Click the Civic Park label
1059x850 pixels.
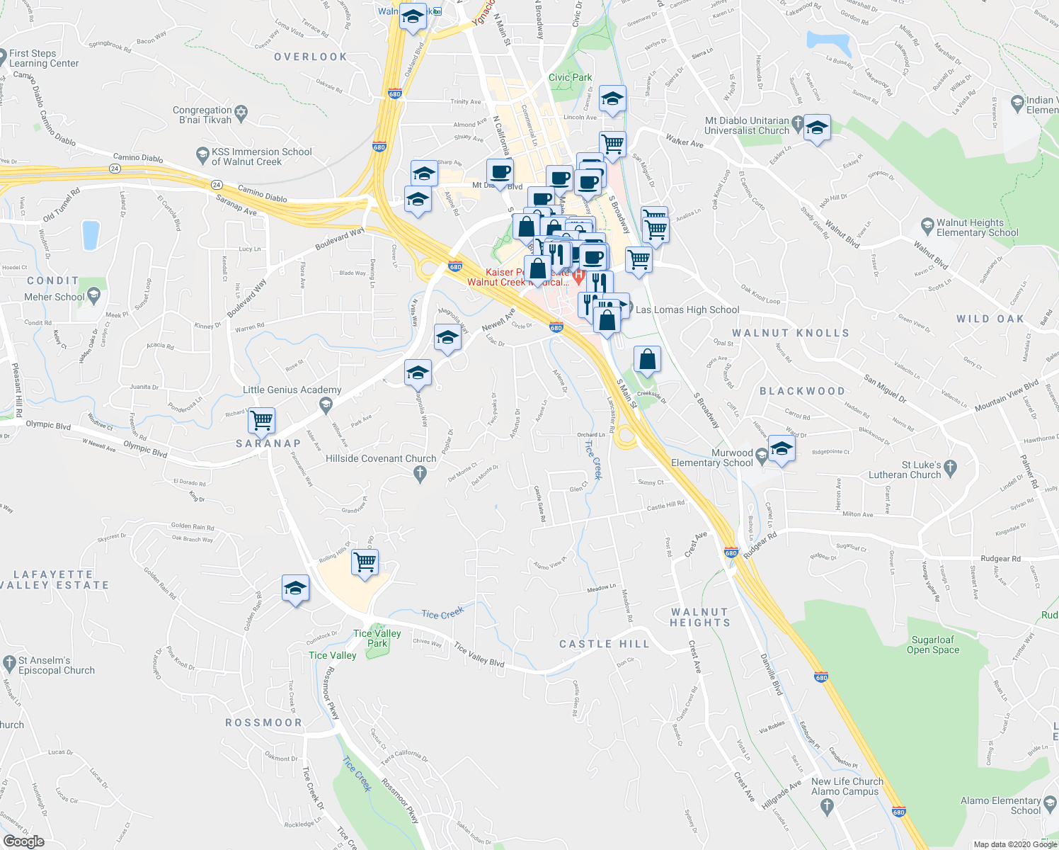[570, 77]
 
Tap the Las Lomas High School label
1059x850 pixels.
[687, 310]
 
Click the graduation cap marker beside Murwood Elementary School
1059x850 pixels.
[781, 449]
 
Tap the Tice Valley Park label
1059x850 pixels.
[377, 638]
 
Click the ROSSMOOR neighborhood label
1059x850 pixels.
[263, 722]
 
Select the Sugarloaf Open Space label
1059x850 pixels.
[933, 645]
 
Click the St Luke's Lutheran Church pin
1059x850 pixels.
[950, 467]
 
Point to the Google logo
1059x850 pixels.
[23, 841]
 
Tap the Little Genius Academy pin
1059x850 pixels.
[326, 405]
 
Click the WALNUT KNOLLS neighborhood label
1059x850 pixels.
[790, 333]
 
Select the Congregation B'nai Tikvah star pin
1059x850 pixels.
[241, 113]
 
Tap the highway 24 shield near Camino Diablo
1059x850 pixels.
[115, 169]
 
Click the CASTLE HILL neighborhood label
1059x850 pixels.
[604, 644]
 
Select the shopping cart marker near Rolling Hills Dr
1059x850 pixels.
[365, 562]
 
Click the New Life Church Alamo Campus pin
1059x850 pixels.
[826, 805]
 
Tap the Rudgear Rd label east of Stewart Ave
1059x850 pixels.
[1000, 559]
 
